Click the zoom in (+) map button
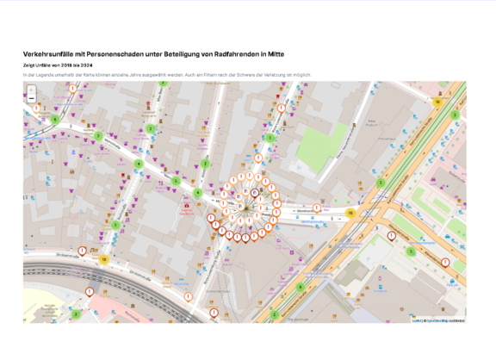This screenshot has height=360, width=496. tap(31, 89)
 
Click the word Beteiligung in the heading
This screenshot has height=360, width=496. tap(183, 53)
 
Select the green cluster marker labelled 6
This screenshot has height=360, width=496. tap(300, 287)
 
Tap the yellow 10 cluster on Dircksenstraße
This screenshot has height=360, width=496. tap(104, 258)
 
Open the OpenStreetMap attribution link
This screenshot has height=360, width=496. tap(437, 320)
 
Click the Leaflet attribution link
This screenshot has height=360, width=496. tap(415, 320)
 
